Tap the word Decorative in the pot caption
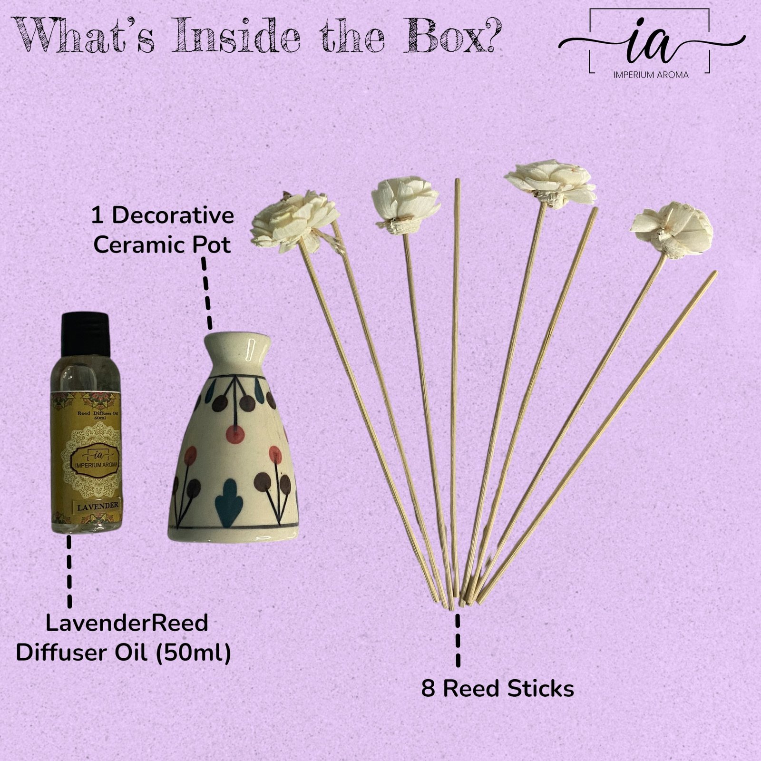click(173, 216)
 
